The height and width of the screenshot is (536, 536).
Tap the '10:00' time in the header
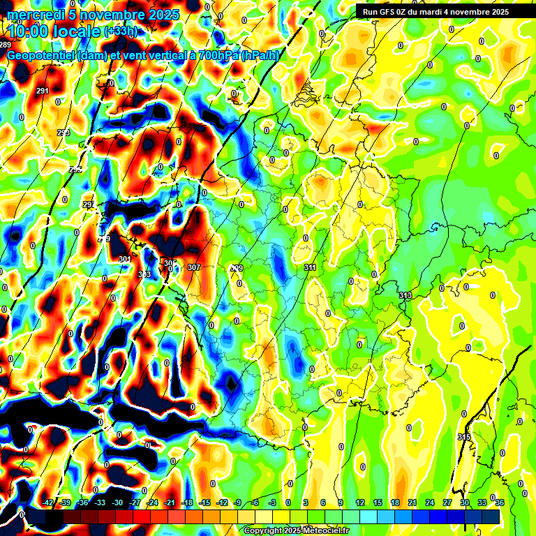[x=28, y=31]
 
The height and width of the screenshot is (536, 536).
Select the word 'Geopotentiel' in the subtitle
[x=38, y=56]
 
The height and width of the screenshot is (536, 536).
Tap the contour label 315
[x=464, y=437]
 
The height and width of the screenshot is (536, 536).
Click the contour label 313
[x=405, y=295]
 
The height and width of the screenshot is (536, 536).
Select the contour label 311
[x=311, y=267]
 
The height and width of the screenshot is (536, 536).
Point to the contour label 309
[x=237, y=268]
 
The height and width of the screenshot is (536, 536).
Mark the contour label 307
[x=194, y=267]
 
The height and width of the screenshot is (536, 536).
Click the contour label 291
[x=42, y=91]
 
